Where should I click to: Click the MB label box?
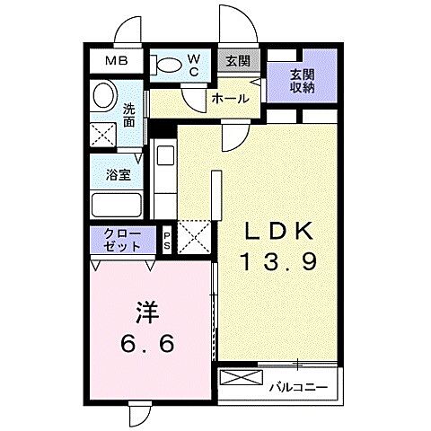click(118, 61)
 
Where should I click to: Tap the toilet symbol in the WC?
click(167, 64)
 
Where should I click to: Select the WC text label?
click(193, 64)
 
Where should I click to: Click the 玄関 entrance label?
click(238, 62)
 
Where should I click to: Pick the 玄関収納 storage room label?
click(302, 81)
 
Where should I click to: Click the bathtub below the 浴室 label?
click(118, 204)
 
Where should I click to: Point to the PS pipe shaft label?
click(167, 240)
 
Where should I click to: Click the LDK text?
click(280, 233)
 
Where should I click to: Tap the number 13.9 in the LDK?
click(280, 261)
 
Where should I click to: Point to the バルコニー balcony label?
click(298, 388)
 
